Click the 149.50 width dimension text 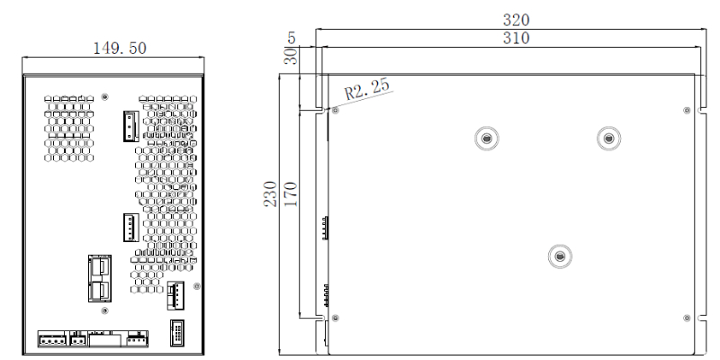tap(121, 47)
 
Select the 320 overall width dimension tap(516, 19)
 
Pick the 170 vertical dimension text tap(289, 193)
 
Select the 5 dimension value tap(291, 38)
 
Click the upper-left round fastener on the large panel tap(486, 138)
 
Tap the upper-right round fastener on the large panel tap(609, 138)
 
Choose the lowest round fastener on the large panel tap(559, 256)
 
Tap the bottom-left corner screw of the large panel tap(336, 318)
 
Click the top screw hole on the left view tap(106, 96)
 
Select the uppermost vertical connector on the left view tap(130, 127)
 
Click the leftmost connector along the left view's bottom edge tap(51, 338)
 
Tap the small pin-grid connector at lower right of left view tap(176, 331)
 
